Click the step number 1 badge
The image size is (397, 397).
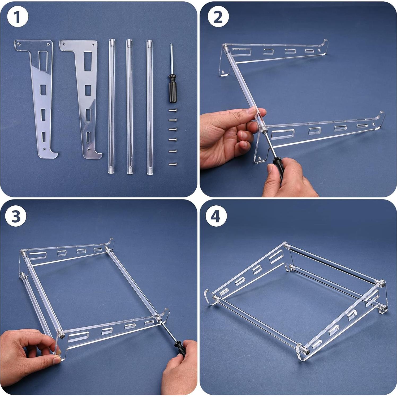[18, 18]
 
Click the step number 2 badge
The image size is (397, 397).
[218, 17]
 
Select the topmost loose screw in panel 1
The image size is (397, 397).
[172, 110]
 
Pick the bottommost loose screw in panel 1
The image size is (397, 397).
[172, 164]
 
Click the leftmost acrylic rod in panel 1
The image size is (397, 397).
[111, 106]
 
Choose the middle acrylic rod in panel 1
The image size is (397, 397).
[130, 106]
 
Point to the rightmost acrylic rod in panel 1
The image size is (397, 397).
[149, 106]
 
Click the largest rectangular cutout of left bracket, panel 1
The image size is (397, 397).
[43, 61]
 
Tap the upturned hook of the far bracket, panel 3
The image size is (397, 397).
[111, 242]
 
